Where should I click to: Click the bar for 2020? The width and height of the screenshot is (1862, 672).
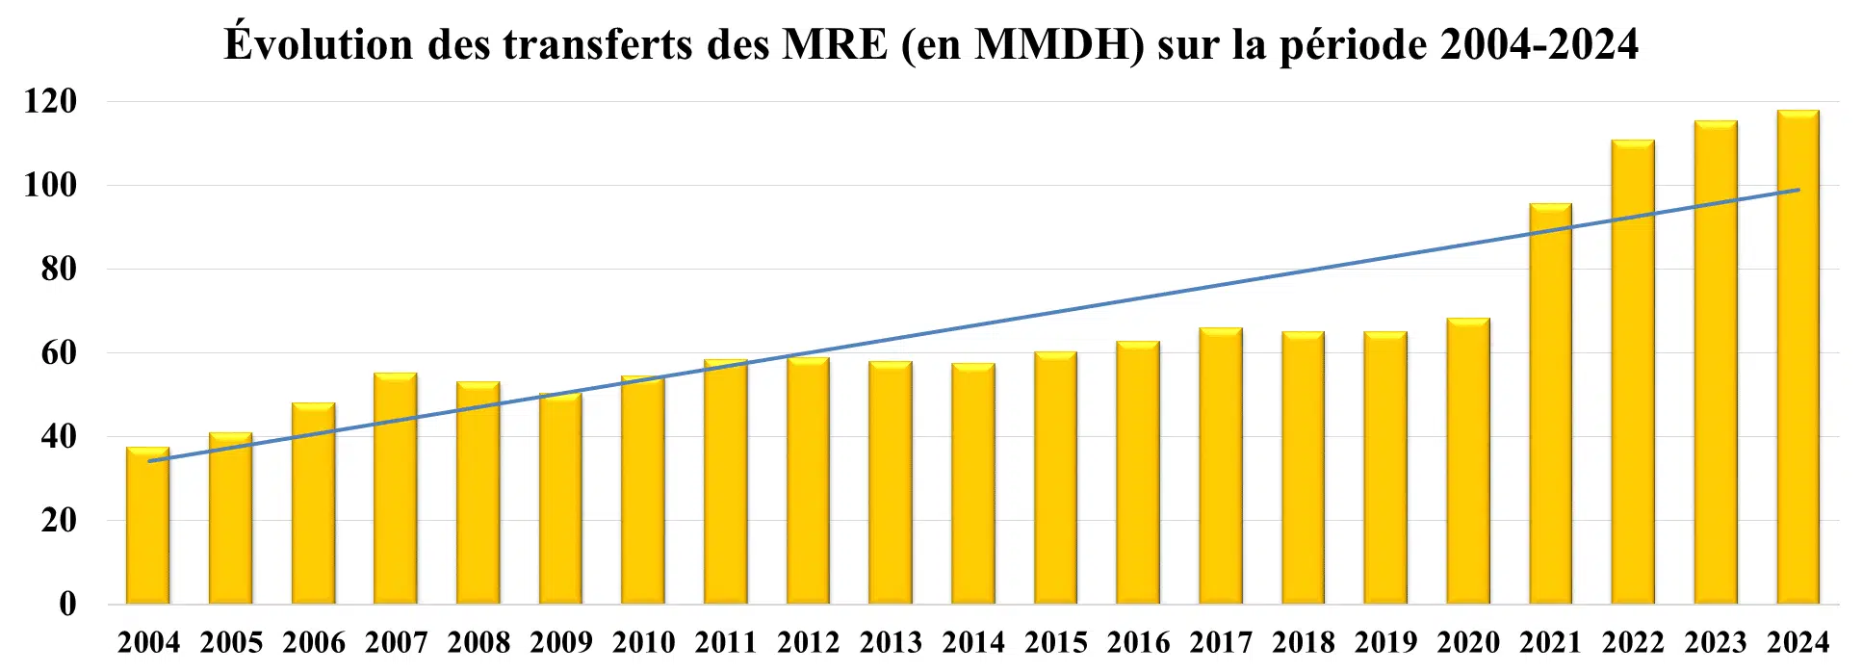tap(1468, 461)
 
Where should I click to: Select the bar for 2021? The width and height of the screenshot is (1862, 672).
tap(1551, 403)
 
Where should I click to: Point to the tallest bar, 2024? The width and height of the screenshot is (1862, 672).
tap(1798, 357)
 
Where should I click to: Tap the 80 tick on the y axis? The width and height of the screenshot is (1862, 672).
tap(58, 269)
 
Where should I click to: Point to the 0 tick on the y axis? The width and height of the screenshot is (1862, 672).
tap(67, 605)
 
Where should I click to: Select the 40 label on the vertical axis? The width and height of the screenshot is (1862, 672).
tap(58, 437)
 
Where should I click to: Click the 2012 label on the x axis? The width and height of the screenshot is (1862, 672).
tap(809, 642)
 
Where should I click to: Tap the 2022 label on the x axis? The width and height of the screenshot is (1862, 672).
tap(1634, 642)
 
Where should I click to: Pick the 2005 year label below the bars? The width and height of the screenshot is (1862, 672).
tap(231, 642)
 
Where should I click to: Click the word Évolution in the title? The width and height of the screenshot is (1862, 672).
tap(318, 44)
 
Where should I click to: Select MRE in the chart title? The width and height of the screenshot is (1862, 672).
tap(835, 44)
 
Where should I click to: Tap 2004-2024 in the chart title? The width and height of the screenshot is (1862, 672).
tap(1539, 44)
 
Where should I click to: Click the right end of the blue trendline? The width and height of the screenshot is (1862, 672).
tap(1798, 190)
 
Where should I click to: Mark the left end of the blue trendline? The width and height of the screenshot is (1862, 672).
tap(149, 461)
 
